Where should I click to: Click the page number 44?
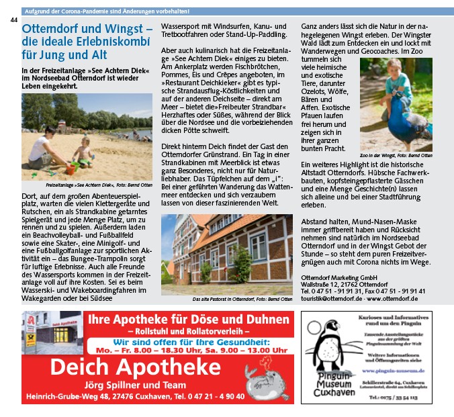pyautogui.click(x=13, y=20)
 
